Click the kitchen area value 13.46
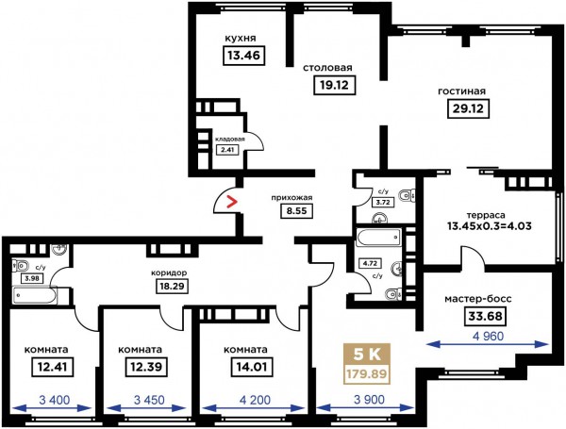[x=244, y=56]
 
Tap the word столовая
[x=327, y=68]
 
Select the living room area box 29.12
[x=468, y=108]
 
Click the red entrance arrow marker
[x=231, y=202]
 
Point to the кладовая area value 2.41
[x=227, y=149]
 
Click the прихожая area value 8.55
[x=296, y=210]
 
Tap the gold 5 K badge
[x=367, y=355]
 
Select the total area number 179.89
[x=367, y=374]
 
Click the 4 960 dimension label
[x=488, y=337]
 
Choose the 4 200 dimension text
[x=255, y=400]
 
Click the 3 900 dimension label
[x=368, y=400]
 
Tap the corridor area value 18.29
[x=173, y=287]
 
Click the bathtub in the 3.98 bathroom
[x=34, y=296]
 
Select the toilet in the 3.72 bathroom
[x=408, y=196]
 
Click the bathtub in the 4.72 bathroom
[x=378, y=238]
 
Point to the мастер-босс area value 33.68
[x=485, y=316]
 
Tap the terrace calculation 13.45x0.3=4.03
[x=489, y=226]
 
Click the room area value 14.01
[x=252, y=367]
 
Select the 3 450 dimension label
[x=149, y=400]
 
